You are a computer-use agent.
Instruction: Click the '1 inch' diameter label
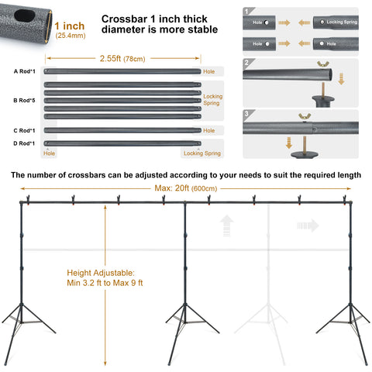(x=70, y=26)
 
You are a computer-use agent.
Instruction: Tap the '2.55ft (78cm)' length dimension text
(x=122, y=59)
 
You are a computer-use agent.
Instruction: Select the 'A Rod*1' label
(x=25, y=71)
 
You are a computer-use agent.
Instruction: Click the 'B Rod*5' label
(x=24, y=101)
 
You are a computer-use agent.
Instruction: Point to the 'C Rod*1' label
(x=24, y=131)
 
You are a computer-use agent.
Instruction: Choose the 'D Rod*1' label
(x=24, y=143)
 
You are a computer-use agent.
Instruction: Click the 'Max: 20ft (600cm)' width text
(x=186, y=188)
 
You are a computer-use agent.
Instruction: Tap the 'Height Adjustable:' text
(x=101, y=273)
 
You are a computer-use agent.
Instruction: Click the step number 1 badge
(x=246, y=12)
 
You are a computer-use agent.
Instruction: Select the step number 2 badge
(x=246, y=63)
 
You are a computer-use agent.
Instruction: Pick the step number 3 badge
(x=246, y=113)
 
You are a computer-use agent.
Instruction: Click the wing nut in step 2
(x=323, y=64)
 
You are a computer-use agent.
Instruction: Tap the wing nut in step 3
(x=305, y=116)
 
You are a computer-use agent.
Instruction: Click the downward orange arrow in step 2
(x=341, y=79)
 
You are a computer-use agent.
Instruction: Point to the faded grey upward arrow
(x=226, y=226)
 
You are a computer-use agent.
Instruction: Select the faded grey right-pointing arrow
(x=308, y=226)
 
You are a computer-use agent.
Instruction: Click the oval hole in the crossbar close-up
(x=24, y=15)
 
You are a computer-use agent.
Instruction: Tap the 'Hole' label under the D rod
(x=49, y=153)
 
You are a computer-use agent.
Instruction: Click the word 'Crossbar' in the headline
(x=125, y=19)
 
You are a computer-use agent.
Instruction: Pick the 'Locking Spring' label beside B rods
(x=213, y=100)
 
